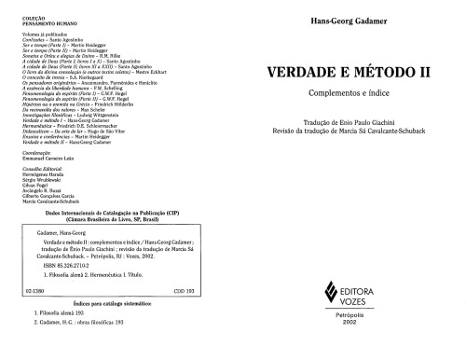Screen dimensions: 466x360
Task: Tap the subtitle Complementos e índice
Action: (350, 92)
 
